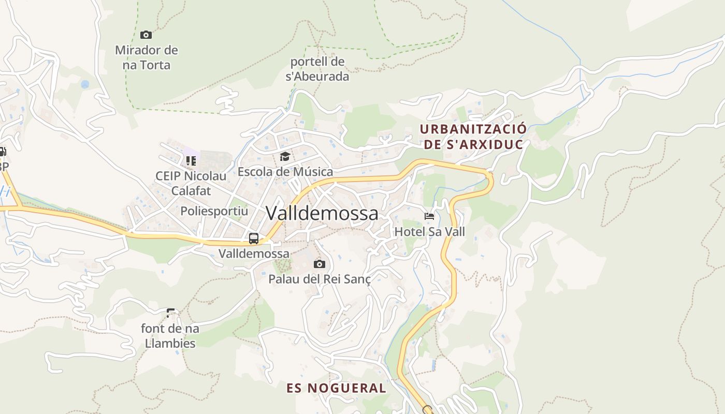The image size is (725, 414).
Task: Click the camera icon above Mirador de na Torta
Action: coord(146,35)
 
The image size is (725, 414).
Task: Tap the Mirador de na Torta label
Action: coord(146,57)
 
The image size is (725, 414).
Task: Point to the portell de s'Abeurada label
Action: coord(317,69)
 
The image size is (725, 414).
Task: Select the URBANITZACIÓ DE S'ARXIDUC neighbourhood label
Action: coord(473,136)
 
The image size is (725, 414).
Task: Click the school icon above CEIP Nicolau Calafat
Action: coord(191,161)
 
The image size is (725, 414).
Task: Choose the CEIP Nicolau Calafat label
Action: coord(191,183)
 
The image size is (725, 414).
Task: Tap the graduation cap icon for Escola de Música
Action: coord(285,156)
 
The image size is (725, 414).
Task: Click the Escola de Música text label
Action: coord(285,171)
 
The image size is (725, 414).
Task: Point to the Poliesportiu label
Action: coord(214,211)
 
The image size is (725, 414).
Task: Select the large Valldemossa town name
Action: coord(322,213)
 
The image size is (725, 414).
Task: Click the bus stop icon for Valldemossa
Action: coord(254,239)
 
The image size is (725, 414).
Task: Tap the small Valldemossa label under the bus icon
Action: coord(254,254)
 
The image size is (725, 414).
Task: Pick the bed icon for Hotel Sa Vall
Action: coord(429,216)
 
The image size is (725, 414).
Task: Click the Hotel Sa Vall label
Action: coord(430,231)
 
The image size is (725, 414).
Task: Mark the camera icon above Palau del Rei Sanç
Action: coord(320,264)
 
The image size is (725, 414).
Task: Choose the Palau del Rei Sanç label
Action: coord(320,279)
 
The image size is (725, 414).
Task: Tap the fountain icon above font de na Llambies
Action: coord(170,313)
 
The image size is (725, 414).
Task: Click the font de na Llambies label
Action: coord(170,335)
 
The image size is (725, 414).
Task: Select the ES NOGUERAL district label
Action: coord(337,388)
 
